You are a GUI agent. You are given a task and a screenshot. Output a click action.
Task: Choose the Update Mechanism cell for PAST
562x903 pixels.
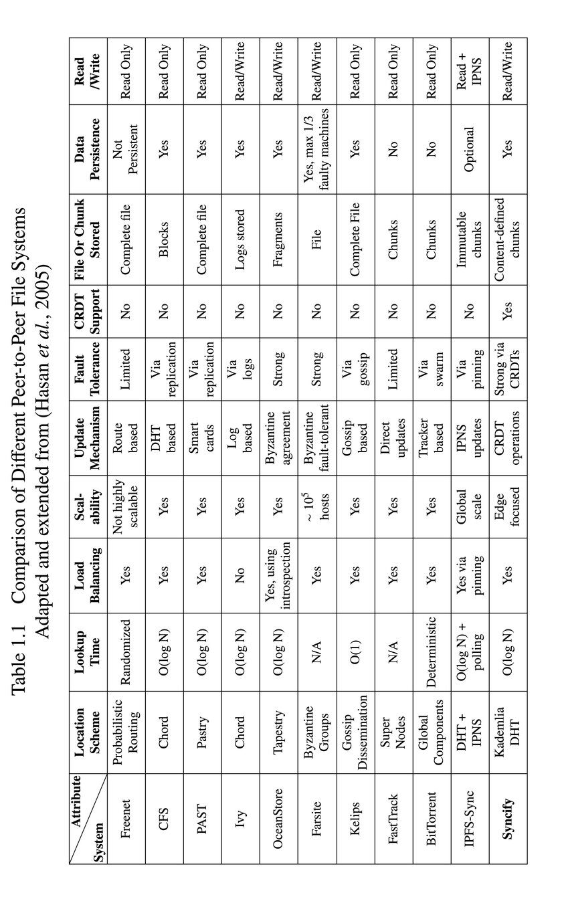tap(201, 437)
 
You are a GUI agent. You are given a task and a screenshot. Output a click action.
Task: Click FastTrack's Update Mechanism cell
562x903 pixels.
tap(393, 437)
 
